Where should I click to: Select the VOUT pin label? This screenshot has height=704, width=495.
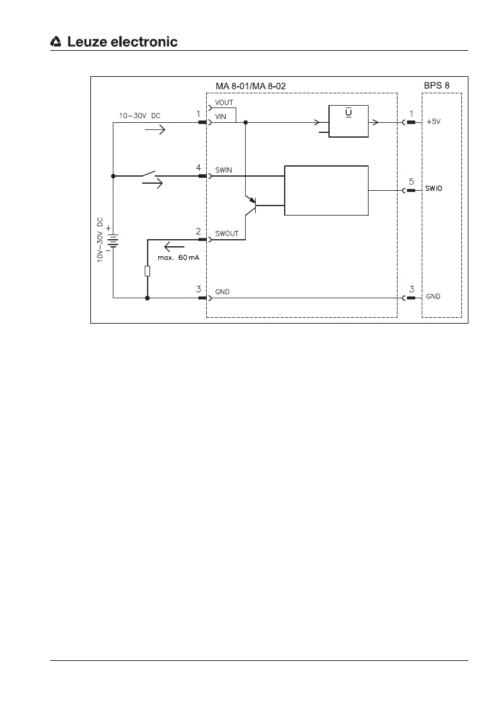224,103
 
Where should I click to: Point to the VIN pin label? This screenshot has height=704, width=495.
221,117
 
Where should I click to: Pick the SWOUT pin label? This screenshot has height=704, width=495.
227,234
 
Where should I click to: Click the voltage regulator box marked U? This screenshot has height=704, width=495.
349,121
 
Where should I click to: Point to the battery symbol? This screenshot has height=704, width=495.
112,239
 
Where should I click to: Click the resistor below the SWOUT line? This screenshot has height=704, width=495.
148,271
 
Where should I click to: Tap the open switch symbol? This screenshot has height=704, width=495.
148,174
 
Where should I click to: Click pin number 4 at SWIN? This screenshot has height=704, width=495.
198,168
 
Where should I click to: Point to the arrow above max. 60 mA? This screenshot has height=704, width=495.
175,247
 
